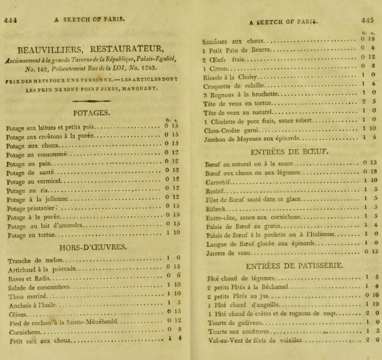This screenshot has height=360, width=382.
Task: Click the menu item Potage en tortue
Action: [32, 235]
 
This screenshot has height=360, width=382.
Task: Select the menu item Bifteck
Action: [215, 209]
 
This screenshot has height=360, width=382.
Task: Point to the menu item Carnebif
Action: [217, 182]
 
